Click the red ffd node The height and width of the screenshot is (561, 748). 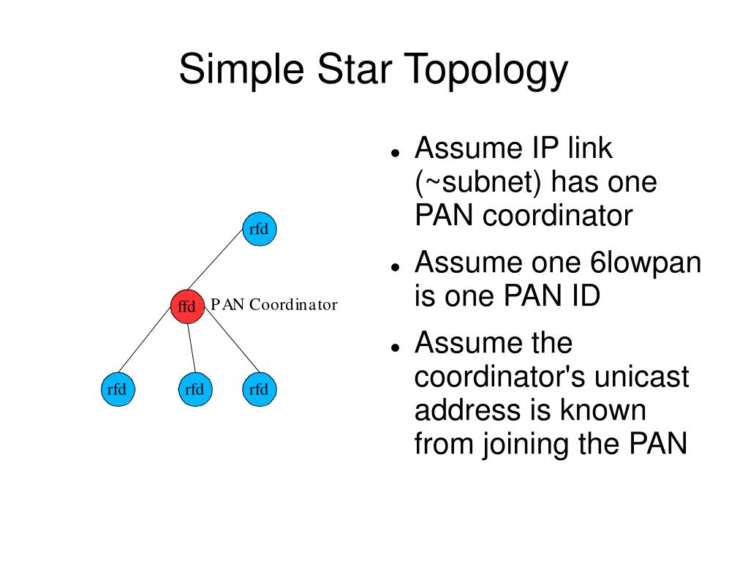click(186, 306)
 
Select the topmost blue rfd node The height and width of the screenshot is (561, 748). click(259, 229)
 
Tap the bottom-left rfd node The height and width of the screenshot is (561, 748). click(117, 389)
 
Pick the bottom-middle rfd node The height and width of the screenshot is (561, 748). click(194, 389)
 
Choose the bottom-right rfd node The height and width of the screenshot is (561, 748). click(259, 389)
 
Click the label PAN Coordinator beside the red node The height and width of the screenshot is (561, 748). click(274, 305)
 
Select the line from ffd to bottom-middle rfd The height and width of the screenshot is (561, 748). click(192, 347)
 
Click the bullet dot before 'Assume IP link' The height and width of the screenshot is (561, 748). click(395, 153)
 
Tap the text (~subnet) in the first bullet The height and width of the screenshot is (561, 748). click(478, 183)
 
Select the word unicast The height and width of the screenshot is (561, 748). click(641, 377)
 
